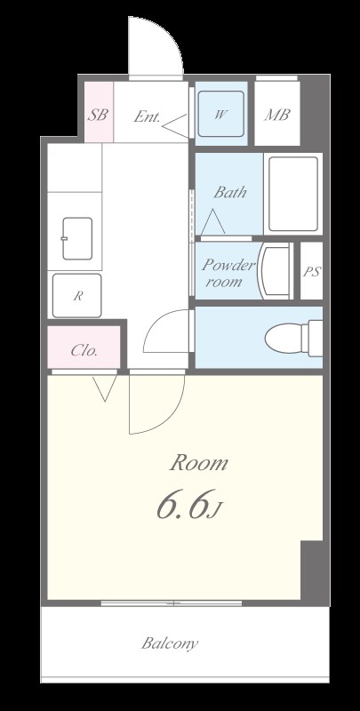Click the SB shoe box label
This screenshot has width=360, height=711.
(98, 115)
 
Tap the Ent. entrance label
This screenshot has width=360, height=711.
(147, 117)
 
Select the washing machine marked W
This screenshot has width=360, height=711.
(221, 114)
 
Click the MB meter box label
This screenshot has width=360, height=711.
(277, 115)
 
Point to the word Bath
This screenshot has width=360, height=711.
(230, 192)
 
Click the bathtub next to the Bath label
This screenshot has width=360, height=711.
(293, 194)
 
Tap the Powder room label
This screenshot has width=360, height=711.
(228, 273)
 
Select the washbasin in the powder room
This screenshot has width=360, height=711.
(275, 271)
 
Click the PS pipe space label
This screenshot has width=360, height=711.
(312, 272)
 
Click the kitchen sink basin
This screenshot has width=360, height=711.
(77, 238)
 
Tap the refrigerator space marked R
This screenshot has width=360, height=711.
(76, 296)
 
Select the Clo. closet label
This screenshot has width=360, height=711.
(84, 350)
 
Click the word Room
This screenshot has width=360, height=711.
(198, 463)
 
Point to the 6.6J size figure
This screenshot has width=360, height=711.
(188, 504)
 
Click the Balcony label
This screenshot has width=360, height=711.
(170, 643)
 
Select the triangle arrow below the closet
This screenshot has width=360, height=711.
(105, 388)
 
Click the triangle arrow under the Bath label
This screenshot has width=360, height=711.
(212, 221)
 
